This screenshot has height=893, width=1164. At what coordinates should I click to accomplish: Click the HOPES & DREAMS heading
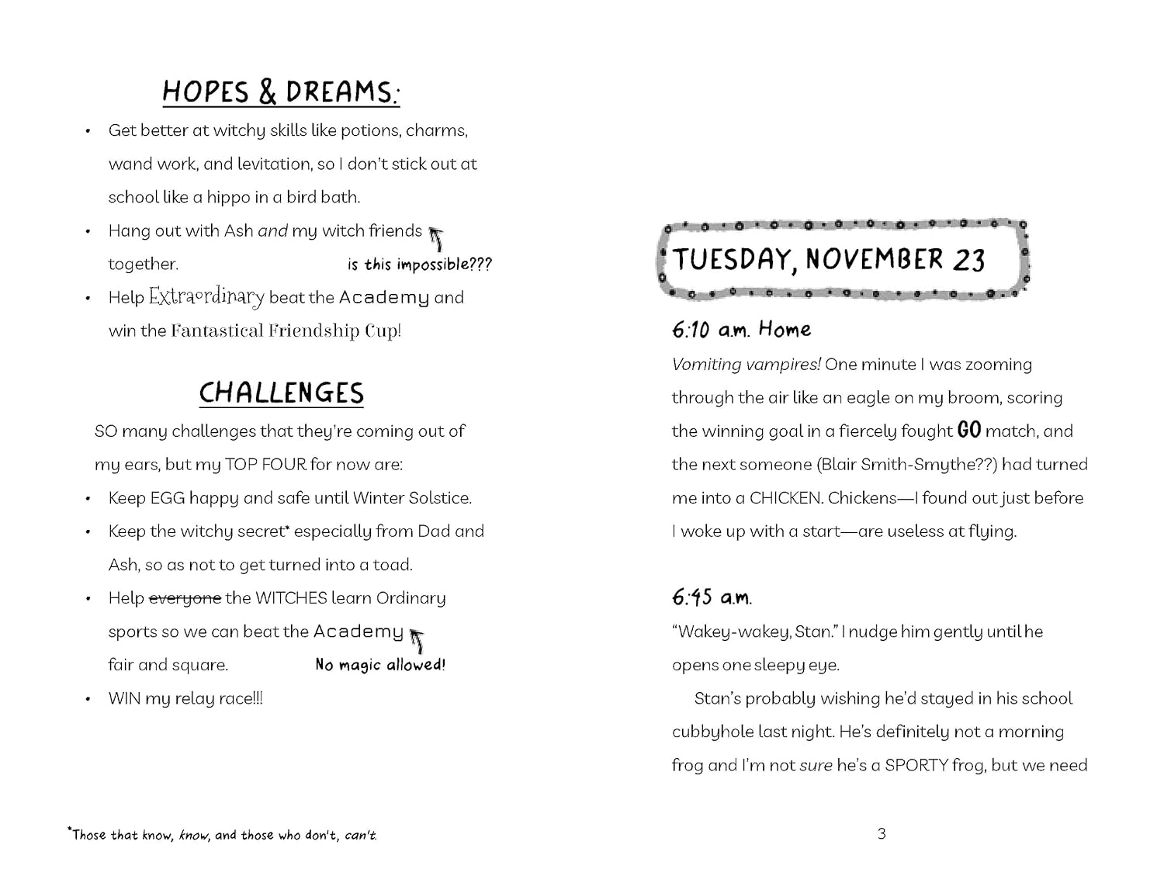tap(281, 92)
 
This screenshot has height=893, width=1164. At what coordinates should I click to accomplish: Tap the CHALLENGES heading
tap(281, 393)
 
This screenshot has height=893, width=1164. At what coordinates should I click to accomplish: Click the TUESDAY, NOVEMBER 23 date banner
tap(829, 259)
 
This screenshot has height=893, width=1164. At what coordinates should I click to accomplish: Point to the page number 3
tap(882, 834)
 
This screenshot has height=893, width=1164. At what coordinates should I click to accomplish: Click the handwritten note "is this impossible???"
tap(419, 265)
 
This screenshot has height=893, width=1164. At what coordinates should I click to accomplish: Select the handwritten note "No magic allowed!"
tap(380, 665)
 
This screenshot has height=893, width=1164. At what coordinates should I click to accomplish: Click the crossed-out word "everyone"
tap(185, 598)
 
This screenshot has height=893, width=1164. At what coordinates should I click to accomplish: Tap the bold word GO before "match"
tap(969, 430)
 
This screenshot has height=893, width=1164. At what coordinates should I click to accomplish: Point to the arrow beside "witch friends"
tap(437, 237)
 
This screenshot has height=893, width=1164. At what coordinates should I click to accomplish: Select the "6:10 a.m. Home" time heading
tap(741, 330)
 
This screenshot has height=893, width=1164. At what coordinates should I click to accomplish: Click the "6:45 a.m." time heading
tap(712, 597)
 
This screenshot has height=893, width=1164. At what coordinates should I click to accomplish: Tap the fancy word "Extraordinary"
tap(206, 297)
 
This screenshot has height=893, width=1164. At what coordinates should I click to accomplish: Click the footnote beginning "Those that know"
tap(223, 835)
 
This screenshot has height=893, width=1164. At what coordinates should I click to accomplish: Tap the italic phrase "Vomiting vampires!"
tap(746, 365)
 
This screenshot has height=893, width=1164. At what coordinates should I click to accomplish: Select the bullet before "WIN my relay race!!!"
tap(88, 698)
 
